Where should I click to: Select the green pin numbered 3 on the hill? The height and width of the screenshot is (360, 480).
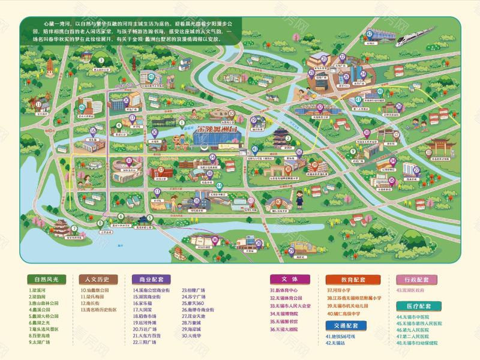(101, 60)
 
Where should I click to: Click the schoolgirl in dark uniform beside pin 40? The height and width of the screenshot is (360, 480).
(299, 200)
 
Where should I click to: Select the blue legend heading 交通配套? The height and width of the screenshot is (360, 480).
(346, 325)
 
